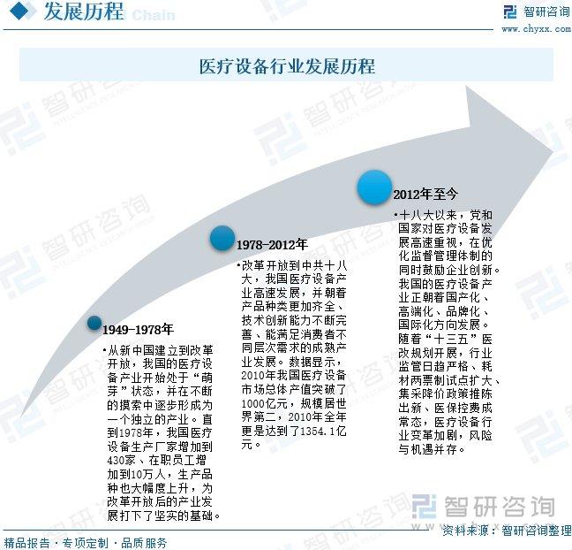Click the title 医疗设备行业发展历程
click(287, 66)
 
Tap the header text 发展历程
click(84, 11)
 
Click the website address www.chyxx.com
click(537, 28)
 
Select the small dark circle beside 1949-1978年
click(94, 323)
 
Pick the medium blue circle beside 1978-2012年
click(222, 238)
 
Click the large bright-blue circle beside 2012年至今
click(374, 187)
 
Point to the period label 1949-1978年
click(138, 330)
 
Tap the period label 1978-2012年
click(272, 244)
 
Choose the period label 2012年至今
click(425, 194)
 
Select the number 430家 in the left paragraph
click(121, 460)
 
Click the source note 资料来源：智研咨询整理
click(507, 530)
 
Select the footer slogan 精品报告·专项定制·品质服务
click(86, 543)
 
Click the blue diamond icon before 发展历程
click(19, 11)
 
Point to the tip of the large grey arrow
click(554, 150)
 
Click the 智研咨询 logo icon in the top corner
click(510, 11)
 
